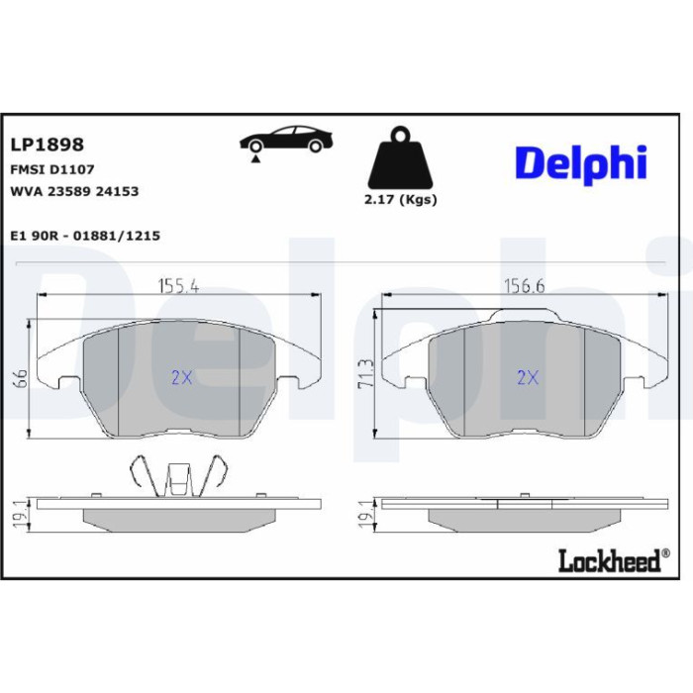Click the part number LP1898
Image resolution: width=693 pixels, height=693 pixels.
[x=47, y=145]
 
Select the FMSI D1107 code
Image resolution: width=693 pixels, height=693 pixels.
[x=52, y=169]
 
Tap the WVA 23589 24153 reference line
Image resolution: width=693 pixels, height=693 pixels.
[x=74, y=191]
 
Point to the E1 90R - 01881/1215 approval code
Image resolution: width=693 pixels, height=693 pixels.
[x=85, y=236]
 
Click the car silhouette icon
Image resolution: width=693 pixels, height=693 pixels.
[x=286, y=139]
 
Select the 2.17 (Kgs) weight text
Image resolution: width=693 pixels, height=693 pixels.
[x=400, y=200]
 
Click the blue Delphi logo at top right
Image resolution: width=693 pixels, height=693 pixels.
[x=581, y=162]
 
